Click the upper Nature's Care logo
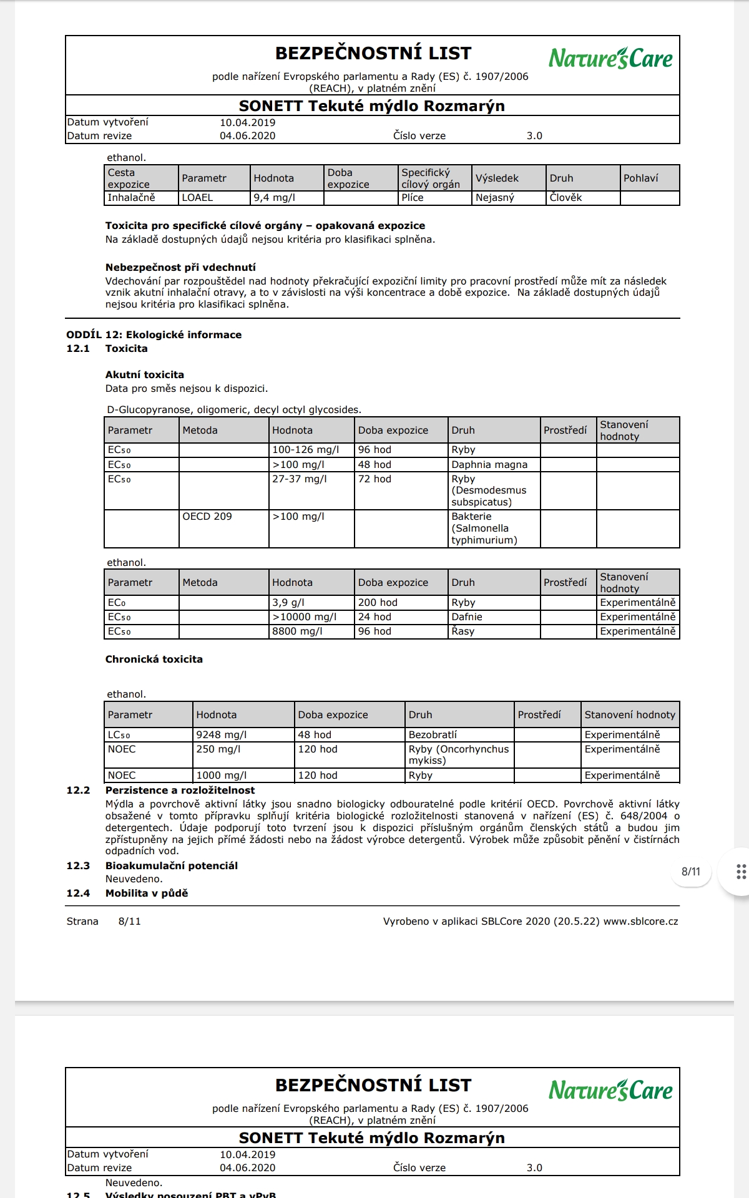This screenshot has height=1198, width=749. click(x=610, y=58)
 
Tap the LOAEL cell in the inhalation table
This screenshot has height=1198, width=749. click(x=197, y=198)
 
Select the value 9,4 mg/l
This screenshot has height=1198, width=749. click(x=275, y=198)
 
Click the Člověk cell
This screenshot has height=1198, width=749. click(x=565, y=198)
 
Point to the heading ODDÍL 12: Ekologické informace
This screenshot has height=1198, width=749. click(x=154, y=334)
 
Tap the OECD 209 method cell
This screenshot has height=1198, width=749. click(x=207, y=517)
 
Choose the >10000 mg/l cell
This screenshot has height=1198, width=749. click(x=304, y=617)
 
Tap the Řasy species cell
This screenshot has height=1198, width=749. click(x=463, y=631)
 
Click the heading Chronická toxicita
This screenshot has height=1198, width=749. click(x=154, y=660)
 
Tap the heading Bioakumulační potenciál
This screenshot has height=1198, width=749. click(x=171, y=866)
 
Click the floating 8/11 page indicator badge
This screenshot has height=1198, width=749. click(x=691, y=872)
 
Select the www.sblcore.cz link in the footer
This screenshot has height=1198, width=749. click(x=640, y=922)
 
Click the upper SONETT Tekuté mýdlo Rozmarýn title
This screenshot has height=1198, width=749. click(x=372, y=106)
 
